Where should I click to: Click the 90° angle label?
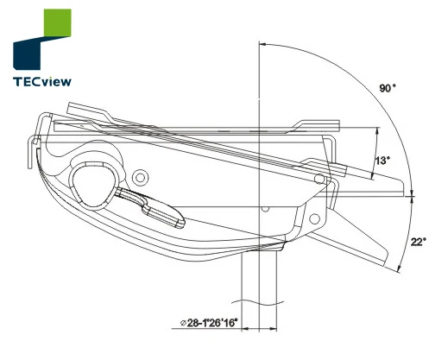(389, 88)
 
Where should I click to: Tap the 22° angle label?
(418, 242)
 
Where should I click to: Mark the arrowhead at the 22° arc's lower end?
(401, 269)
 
